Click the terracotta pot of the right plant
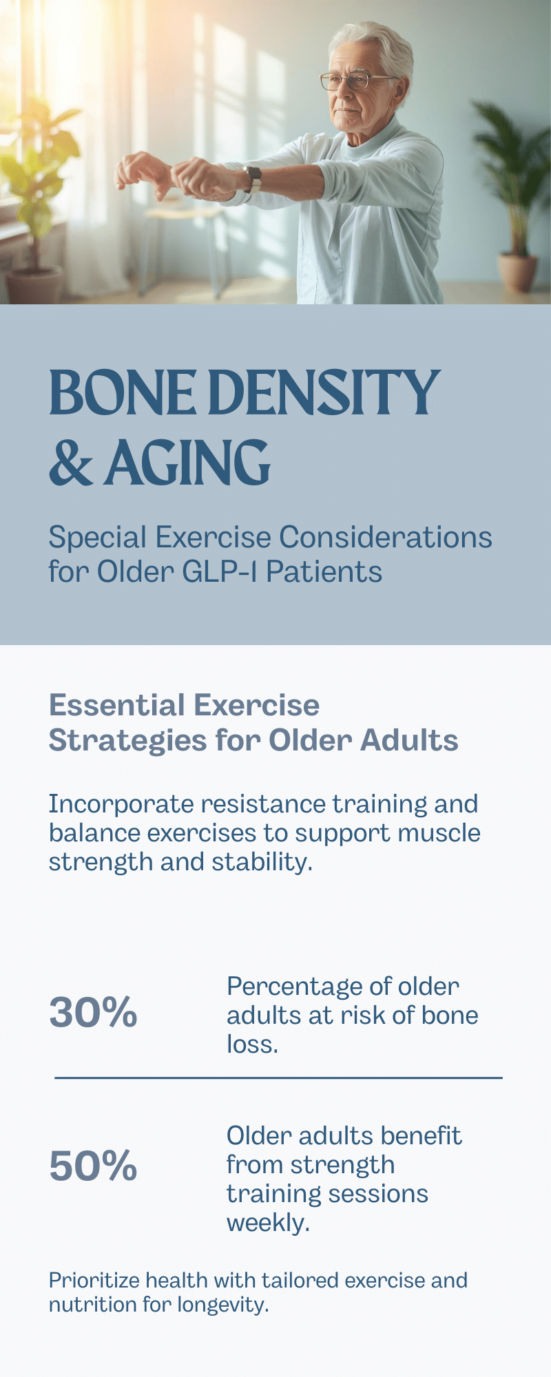(517, 273)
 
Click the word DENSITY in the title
(324, 392)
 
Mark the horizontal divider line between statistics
(278, 1078)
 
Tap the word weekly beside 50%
(269, 1223)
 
